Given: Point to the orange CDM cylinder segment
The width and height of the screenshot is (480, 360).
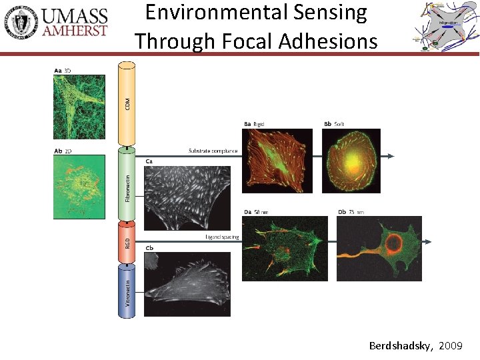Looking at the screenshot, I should pos(127,103).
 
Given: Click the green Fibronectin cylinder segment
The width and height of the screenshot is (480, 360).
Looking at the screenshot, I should pos(127,183).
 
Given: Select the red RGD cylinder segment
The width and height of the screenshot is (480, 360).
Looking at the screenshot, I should pos(127,242).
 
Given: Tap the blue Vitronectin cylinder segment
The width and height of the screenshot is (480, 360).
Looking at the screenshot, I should pos(127,290).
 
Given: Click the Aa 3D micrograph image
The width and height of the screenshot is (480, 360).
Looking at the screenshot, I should pos(79,107).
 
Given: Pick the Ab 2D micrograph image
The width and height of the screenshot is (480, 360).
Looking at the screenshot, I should pos(79,187).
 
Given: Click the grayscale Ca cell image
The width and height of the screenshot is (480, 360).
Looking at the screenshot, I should pos(187,197).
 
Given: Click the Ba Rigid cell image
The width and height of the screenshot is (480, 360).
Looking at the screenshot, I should pos(277,160).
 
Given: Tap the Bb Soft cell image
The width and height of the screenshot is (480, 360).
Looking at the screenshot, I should pos(351,160).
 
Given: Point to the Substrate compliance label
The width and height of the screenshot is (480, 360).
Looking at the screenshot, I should pos(213,151).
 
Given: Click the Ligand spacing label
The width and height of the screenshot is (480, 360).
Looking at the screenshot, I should pos(222,237).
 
